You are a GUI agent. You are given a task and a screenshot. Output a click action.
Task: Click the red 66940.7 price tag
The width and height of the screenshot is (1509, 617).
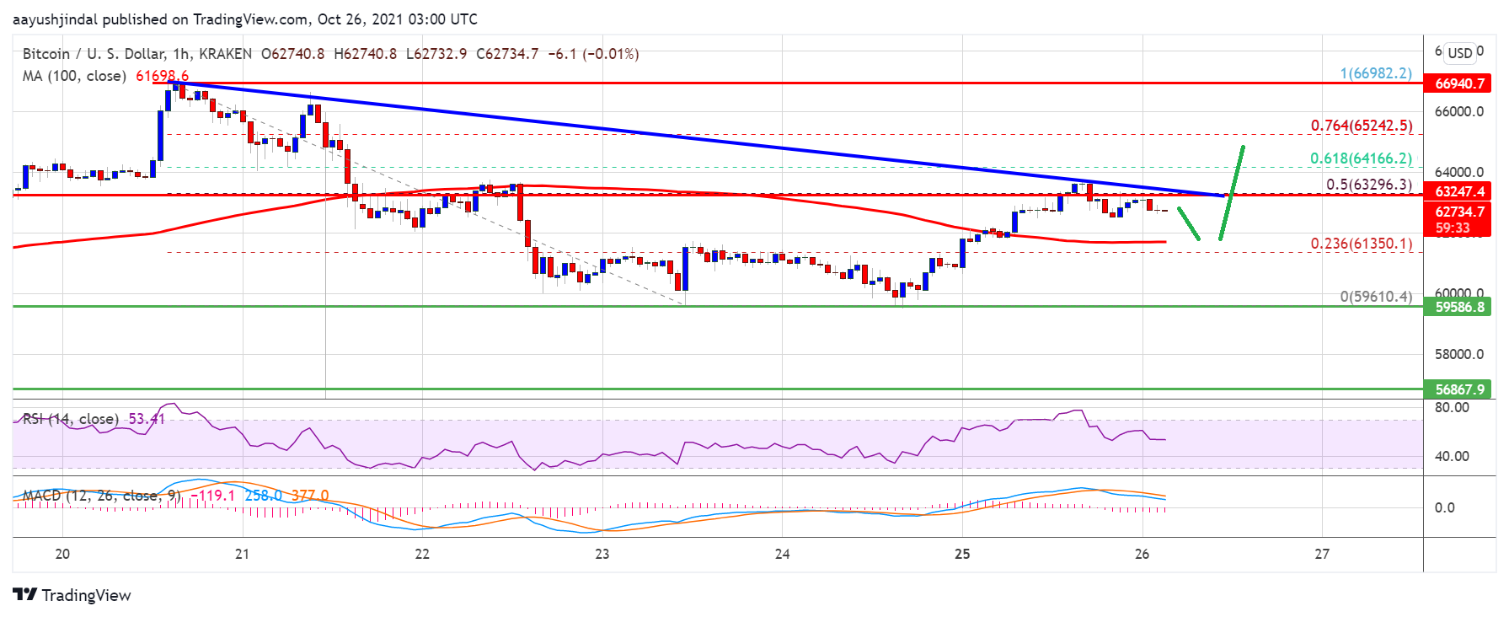coord(1456,83)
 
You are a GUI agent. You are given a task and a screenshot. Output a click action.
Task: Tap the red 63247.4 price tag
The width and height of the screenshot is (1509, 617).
coord(1456,191)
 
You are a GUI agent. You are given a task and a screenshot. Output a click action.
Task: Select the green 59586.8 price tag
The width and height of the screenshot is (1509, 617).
coord(1456,307)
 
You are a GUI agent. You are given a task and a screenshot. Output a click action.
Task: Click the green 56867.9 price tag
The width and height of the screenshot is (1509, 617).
coord(1456,389)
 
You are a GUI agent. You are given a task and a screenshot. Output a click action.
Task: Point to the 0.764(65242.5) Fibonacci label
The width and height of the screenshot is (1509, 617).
coord(1361,126)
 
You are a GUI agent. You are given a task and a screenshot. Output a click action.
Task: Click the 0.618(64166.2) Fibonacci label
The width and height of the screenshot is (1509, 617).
coord(1361,158)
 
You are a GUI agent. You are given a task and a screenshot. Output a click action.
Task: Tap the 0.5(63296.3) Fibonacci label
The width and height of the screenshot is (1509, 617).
coord(1368,185)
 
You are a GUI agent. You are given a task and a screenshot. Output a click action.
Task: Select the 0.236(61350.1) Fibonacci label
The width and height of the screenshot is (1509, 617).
coord(1361,244)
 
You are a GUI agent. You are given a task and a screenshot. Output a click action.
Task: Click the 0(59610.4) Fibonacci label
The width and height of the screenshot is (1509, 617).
coord(1376,297)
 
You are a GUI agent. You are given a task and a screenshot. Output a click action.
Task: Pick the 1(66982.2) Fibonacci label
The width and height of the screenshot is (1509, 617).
coord(1376,73)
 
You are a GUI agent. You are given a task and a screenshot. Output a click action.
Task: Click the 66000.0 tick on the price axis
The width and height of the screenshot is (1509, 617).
coord(1459,111)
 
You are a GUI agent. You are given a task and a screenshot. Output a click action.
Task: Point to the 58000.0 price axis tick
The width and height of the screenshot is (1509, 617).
coord(1459,354)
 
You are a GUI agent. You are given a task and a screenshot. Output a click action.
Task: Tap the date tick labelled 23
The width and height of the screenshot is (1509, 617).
coord(602,554)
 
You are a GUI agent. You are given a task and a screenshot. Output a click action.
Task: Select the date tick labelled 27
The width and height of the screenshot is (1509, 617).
coord(1322,554)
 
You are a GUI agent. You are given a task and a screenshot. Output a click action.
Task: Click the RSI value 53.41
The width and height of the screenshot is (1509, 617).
coord(147,419)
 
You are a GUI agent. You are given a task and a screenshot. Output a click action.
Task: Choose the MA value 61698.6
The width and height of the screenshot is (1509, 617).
coord(162,76)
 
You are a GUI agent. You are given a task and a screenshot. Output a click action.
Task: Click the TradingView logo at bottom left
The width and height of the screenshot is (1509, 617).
coord(72,595)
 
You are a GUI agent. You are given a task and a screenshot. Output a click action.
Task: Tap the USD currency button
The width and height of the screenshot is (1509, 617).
coord(1460,53)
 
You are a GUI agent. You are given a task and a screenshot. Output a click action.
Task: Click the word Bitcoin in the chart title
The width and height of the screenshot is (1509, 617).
coord(46,54)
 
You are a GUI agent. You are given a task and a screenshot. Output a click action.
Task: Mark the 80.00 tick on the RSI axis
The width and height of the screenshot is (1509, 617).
coord(1452,407)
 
